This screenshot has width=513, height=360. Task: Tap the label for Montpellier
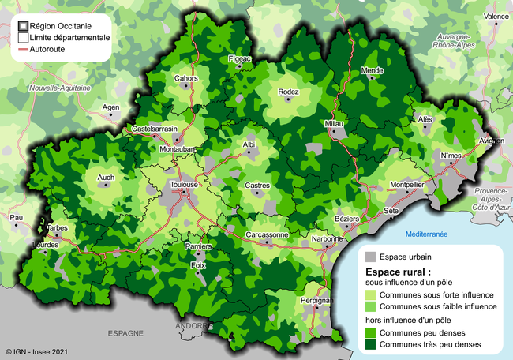[x=407, y=184]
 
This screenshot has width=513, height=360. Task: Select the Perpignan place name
[x=316, y=300]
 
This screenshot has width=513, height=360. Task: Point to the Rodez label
[x=289, y=92]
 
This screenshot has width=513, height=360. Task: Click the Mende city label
[x=372, y=70]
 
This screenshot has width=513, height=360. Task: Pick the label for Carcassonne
[x=267, y=234]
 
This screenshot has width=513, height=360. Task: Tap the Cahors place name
[x=186, y=78]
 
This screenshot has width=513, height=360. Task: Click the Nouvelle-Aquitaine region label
[x=61, y=88]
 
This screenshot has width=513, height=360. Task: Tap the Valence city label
[x=496, y=16]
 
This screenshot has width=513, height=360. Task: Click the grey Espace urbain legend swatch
[x=369, y=257]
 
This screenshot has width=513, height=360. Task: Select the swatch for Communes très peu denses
[x=369, y=346]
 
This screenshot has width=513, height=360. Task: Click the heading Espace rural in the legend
[x=399, y=272]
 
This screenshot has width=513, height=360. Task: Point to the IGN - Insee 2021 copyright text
[x=32, y=352]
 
